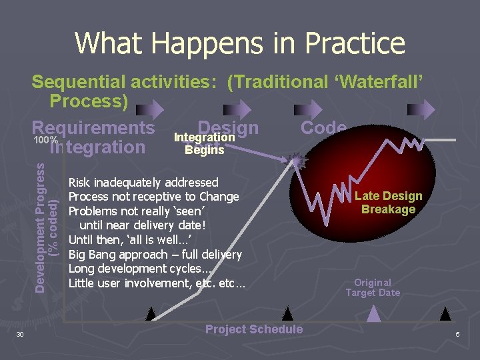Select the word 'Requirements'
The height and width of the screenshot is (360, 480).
tap(93, 127)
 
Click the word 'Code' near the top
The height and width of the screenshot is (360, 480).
tap(324, 128)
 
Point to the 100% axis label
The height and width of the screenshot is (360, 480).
tap(46, 141)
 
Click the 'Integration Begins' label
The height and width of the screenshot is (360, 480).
tap(204, 143)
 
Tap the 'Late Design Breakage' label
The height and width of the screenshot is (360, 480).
tap(388, 202)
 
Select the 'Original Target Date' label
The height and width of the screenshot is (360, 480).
tap(373, 287)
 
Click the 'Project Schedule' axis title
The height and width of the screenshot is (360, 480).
tap(253, 329)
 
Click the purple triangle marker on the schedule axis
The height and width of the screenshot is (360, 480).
tap(375, 313)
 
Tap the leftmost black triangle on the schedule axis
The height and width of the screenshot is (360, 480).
tap(152, 313)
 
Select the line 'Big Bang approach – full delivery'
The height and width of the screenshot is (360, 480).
tap(155, 254)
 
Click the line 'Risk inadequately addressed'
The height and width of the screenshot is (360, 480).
tap(143, 182)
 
